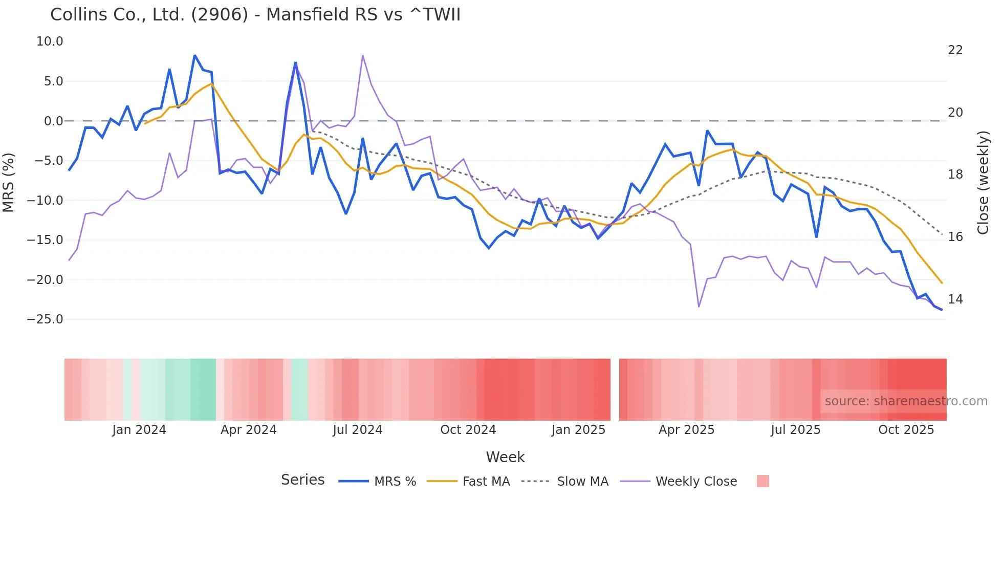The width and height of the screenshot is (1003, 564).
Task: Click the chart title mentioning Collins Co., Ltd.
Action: [255, 15]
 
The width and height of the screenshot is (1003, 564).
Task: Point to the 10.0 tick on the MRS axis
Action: [50, 41]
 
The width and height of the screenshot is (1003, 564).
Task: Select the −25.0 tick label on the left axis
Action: [45, 319]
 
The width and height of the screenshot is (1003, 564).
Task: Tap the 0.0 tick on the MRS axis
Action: [53, 121]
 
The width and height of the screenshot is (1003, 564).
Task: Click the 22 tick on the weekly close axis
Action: [955, 50]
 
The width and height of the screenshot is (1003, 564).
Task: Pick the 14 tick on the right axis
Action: [955, 299]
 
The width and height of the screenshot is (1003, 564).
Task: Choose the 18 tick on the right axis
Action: [955, 175]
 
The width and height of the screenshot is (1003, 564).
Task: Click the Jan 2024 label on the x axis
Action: [139, 430]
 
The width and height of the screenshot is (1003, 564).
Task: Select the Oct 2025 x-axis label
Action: [906, 430]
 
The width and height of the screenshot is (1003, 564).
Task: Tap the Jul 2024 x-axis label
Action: [357, 430]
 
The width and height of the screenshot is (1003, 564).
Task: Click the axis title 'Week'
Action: [505, 457]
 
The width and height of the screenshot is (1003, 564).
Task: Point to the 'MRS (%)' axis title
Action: [9, 182]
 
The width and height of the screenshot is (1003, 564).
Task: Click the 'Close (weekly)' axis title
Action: [983, 183]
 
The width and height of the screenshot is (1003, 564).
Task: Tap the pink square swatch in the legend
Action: [762, 481]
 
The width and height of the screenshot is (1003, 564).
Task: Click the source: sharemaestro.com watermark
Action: [906, 401]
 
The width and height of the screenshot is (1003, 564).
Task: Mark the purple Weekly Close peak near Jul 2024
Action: [362, 55]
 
